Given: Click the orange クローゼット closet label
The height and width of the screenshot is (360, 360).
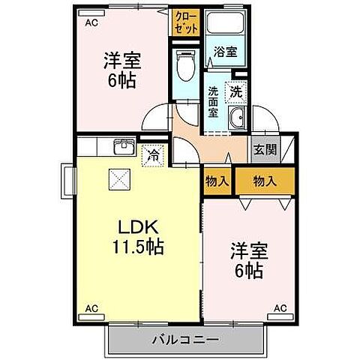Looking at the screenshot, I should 184,23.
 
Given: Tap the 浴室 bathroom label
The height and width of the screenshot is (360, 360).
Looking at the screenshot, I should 225,52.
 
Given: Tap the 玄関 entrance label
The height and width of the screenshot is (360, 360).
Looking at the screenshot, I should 265,149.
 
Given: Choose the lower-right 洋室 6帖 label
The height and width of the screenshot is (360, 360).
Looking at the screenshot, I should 248,261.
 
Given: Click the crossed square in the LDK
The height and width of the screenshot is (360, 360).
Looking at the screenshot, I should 118,178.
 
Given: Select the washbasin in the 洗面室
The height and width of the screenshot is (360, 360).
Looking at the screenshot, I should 238,117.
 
